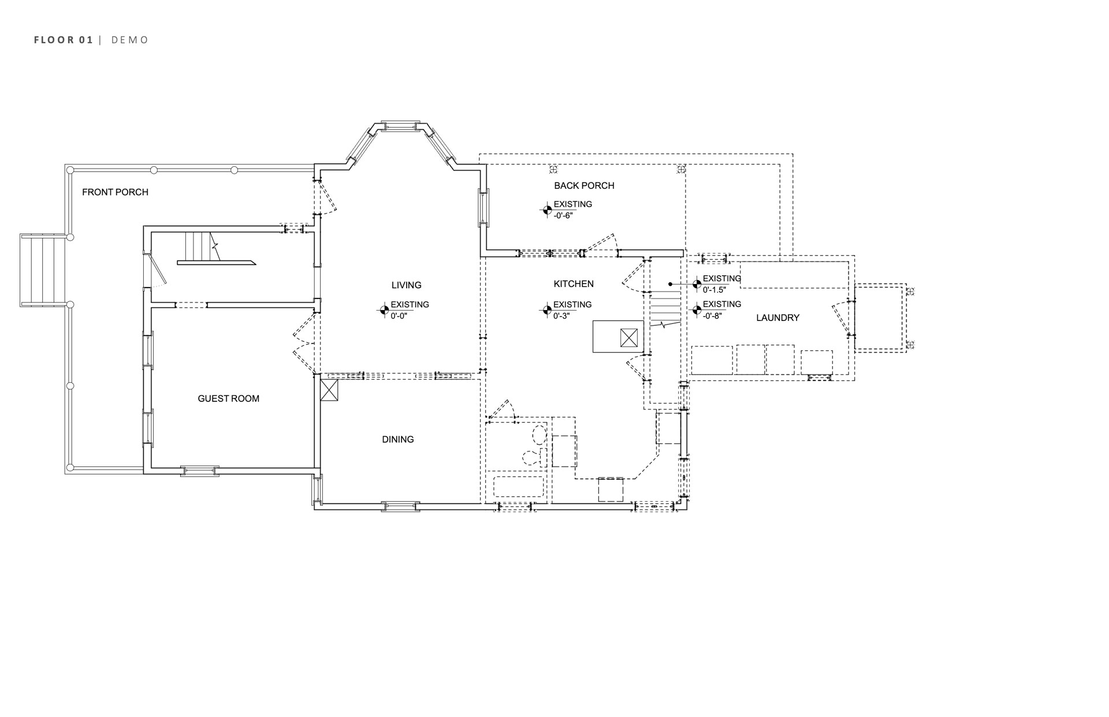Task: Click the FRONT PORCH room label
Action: coord(115,192)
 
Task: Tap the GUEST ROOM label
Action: coord(229,398)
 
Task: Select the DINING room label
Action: coord(398,439)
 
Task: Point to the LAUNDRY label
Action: coord(778,318)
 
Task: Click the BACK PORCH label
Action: coord(584,185)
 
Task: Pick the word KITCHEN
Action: coord(574,284)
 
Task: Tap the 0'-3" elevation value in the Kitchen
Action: coord(561,316)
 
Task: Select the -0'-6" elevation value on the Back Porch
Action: coord(563,215)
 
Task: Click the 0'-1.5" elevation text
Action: coord(714,290)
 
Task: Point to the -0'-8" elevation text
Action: coord(713,315)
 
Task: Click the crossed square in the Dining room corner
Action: coord(330,390)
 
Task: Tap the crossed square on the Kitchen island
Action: coord(629,337)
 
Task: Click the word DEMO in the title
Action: coord(130,40)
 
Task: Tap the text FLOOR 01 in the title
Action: coord(64,40)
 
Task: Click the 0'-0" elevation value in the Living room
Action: coord(399,316)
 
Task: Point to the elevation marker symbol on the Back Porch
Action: coord(546,210)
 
